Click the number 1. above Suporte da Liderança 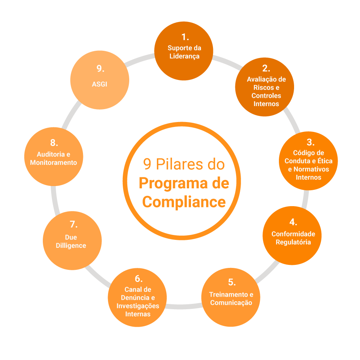185,37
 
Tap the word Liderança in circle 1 185,56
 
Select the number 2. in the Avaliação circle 266,69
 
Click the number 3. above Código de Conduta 310,142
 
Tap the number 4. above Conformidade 293,222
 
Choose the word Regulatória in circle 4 293,242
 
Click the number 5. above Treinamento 232,282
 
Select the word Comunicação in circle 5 231,302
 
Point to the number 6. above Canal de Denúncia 138,279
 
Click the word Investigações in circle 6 138,306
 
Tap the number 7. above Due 74,224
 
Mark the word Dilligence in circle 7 71,246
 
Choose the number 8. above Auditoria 53,143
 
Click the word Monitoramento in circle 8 53,163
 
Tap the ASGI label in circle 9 100,84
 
